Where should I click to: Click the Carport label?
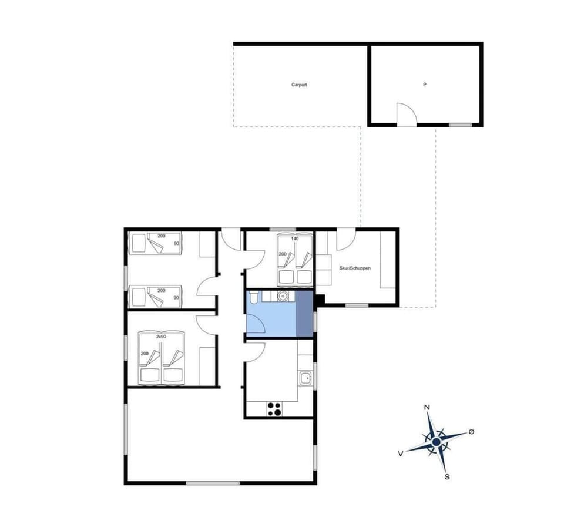click(299, 85)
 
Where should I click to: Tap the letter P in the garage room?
click(424, 85)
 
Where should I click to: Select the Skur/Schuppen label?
click(355, 268)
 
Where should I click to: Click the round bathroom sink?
click(283, 297)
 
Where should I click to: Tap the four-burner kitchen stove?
click(274, 408)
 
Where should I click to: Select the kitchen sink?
click(305, 378)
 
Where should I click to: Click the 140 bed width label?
click(294, 239)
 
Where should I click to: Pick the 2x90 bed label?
click(161, 337)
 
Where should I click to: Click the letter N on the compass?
click(427, 407)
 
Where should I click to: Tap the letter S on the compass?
click(447, 476)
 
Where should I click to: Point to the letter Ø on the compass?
click(471, 432)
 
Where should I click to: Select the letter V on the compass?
click(400, 453)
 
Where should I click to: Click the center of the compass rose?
click(437, 441)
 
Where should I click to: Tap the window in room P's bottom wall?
click(460, 125)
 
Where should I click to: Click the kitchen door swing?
click(256, 351)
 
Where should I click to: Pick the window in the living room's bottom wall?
click(213, 483)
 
